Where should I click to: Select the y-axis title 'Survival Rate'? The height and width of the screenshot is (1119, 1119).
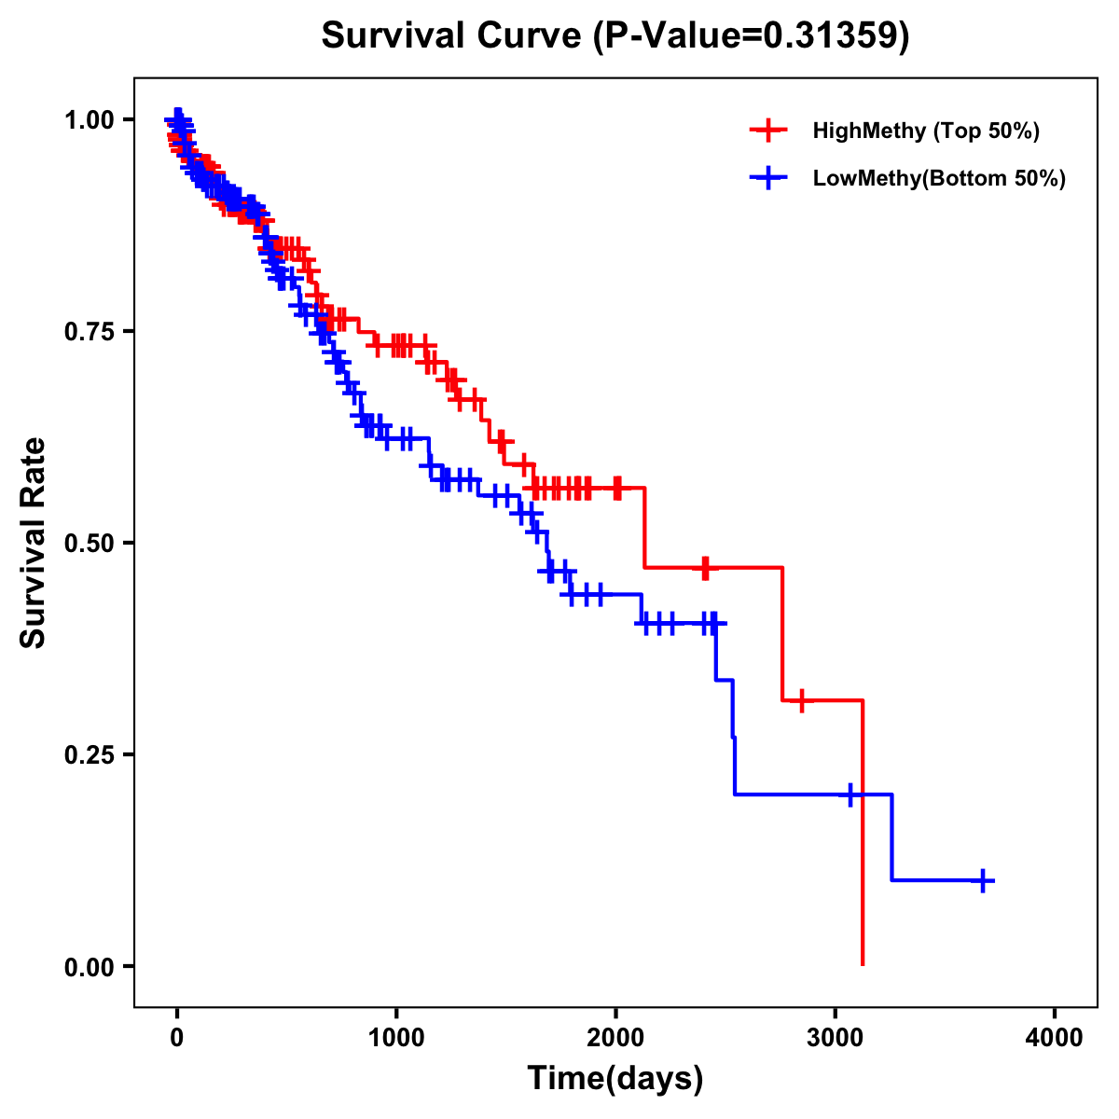pyautogui.click(x=34, y=542)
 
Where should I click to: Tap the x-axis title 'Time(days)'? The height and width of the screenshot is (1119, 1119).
pyautogui.click(x=615, y=1079)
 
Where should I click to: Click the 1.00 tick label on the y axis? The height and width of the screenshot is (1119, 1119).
pyautogui.click(x=89, y=119)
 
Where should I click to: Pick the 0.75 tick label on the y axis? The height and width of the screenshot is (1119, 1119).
pyautogui.click(x=89, y=331)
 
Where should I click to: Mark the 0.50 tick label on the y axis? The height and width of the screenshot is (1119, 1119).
pyautogui.click(x=89, y=543)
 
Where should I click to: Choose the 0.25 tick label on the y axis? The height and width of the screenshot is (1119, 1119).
pyautogui.click(x=89, y=754)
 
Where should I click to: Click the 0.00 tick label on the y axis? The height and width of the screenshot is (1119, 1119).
pyautogui.click(x=89, y=966)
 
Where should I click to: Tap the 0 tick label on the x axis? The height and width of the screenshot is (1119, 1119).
pyautogui.click(x=177, y=1038)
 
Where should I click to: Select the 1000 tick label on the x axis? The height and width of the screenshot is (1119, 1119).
pyautogui.click(x=396, y=1038)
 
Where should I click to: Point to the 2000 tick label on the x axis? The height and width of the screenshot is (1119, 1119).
pyautogui.click(x=615, y=1038)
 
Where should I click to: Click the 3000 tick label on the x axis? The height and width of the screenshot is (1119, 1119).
pyautogui.click(x=836, y=1038)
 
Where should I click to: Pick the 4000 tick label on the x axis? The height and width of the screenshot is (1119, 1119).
pyautogui.click(x=1055, y=1038)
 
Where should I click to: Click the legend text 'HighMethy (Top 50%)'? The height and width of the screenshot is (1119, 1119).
pyautogui.click(x=926, y=131)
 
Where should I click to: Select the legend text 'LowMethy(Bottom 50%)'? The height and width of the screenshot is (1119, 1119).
pyautogui.click(x=939, y=178)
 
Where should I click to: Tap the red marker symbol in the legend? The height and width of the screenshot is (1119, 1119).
pyautogui.click(x=767, y=131)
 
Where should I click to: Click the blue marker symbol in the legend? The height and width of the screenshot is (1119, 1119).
pyautogui.click(x=767, y=178)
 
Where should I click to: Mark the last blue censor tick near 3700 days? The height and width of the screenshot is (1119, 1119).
pyautogui.click(x=983, y=880)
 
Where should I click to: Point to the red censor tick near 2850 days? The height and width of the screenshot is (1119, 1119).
pyautogui.click(x=801, y=700)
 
